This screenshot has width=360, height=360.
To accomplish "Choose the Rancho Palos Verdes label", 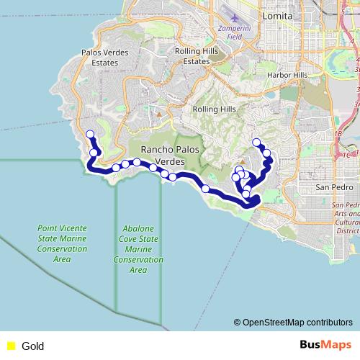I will point(167,154).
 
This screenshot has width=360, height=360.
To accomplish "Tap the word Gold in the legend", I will point(33,346).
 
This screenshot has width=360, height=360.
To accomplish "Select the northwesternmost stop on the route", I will point(90,134).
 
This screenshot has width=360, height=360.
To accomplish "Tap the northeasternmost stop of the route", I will point(256,142).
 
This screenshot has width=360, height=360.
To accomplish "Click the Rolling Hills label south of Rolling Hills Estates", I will point(214,109).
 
